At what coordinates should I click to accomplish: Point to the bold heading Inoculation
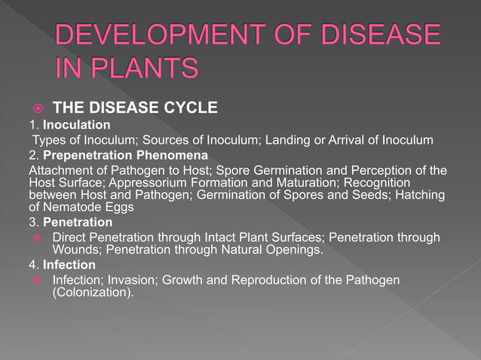tap(76, 124)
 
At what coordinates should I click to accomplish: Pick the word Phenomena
tap(169, 155)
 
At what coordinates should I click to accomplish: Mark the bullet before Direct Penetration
tap(35, 238)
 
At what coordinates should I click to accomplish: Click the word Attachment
tap(60, 169)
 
